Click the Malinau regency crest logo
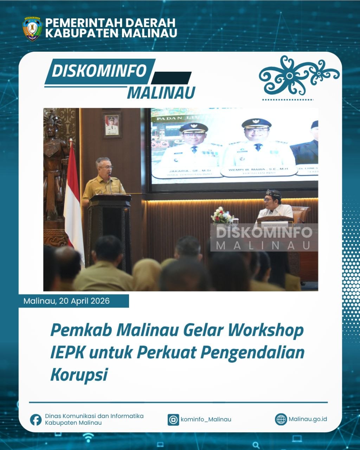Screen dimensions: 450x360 point(32,28)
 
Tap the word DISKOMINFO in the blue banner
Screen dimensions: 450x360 point(99,71)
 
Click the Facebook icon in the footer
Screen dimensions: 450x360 point(36,419)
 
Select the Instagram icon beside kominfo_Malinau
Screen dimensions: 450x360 point(173,419)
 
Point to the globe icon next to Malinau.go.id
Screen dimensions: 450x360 point(281,419)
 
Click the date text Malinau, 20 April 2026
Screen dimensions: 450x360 point(66,301)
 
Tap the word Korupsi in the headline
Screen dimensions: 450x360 point(79,374)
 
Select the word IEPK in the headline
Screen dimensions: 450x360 point(67,352)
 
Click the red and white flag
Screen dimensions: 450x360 point(73,200)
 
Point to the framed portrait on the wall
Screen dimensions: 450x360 point(112,125)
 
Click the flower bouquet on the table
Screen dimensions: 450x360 point(221,215)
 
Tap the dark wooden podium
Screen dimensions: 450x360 point(109,229)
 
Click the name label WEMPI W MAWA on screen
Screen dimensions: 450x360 point(258,169)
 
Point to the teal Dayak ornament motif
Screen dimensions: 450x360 point(299,75)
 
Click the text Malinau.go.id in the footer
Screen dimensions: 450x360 point(308,419)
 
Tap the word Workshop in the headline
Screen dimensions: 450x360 point(265,330)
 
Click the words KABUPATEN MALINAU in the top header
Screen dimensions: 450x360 point(111,34)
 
